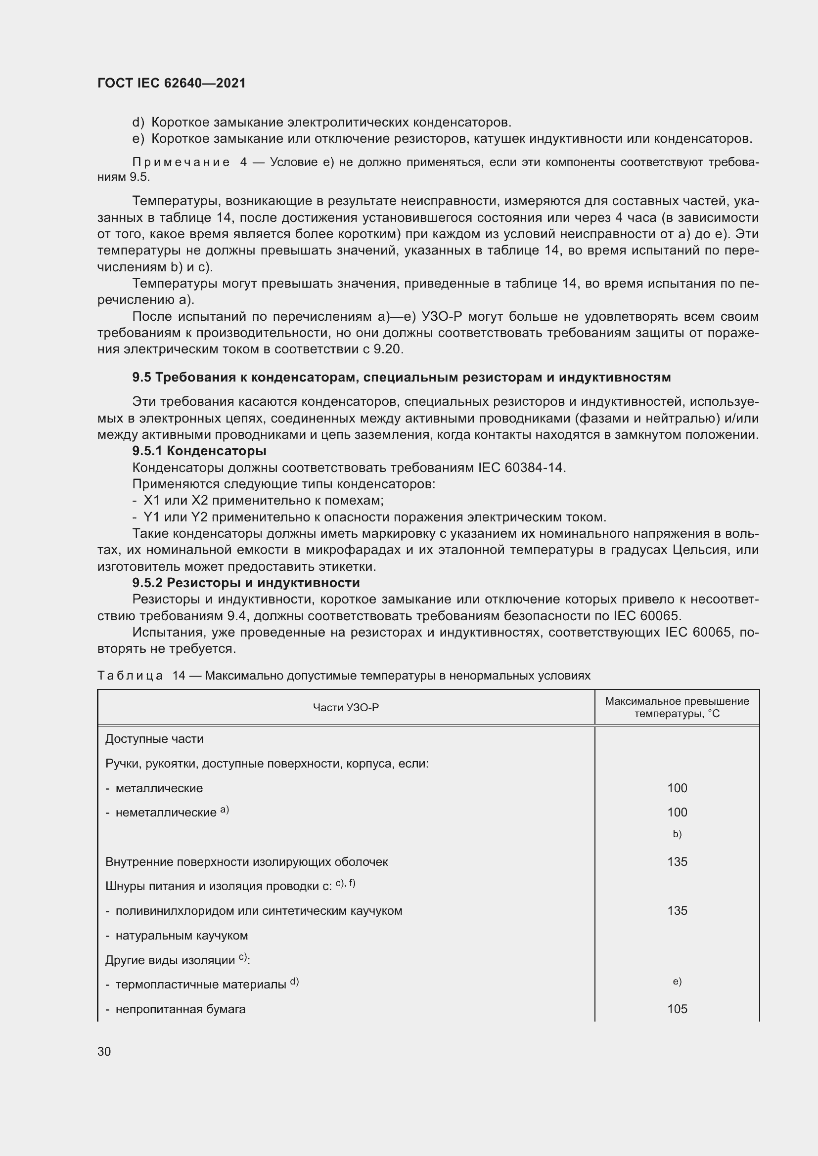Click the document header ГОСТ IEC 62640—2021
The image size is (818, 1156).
[171, 83]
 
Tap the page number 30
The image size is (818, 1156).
[104, 1051]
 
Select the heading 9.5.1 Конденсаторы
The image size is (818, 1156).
[199, 451]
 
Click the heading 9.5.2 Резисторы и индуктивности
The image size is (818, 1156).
[246, 583]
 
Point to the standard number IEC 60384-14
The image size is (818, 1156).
[521, 467]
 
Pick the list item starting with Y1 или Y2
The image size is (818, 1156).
[369, 517]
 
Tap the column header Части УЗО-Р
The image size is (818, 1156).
[346, 707]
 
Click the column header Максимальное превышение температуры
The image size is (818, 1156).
[677, 707]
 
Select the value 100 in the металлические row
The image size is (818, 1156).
[677, 788]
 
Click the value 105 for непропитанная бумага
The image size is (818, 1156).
[677, 1009]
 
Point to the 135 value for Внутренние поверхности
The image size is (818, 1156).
[677, 861]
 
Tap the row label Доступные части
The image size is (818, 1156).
[154, 738]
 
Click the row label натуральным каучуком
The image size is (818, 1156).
[182, 936]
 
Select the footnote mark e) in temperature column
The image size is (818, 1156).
[677, 982]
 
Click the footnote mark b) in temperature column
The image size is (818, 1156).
[677, 834]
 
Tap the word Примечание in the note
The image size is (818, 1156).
[181, 162]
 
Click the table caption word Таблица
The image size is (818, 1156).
[130, 675]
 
